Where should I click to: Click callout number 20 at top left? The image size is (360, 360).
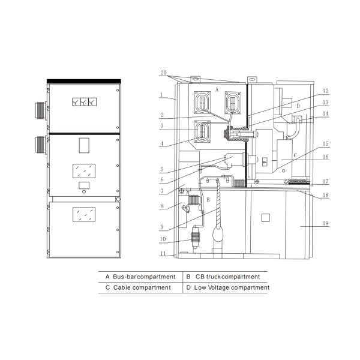(163, 73)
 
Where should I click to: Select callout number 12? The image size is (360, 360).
(326, 91)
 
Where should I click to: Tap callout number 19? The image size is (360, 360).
(326, 223)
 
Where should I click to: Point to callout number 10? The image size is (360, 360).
(163, 239)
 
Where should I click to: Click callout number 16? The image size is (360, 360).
(326, 157)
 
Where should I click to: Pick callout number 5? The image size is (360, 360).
(162, 169)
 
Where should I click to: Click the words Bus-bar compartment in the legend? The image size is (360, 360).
(144, 277)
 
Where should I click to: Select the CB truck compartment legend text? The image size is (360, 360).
(227, 277)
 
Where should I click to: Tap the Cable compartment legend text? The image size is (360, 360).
(142, 287)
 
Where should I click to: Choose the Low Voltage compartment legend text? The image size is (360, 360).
(232, 287)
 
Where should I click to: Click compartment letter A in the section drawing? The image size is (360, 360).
(217, 90)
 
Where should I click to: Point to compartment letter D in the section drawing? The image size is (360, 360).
(298, 106)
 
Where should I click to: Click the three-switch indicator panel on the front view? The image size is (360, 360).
(84, 102)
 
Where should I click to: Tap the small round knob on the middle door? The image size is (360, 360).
(84, 192)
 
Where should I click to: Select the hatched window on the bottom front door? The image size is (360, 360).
(84, 214)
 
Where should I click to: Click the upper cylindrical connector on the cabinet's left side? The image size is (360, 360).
(40, 110)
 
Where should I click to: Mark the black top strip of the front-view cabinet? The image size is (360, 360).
(84, 81)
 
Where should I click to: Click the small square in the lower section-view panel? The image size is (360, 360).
(266, 218)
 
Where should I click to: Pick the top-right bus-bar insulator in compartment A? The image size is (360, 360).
(233, 103)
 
